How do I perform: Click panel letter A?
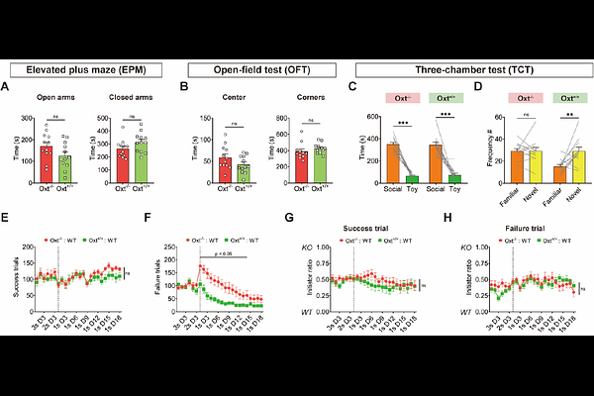pyautogui.click(x=8, y=87)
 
